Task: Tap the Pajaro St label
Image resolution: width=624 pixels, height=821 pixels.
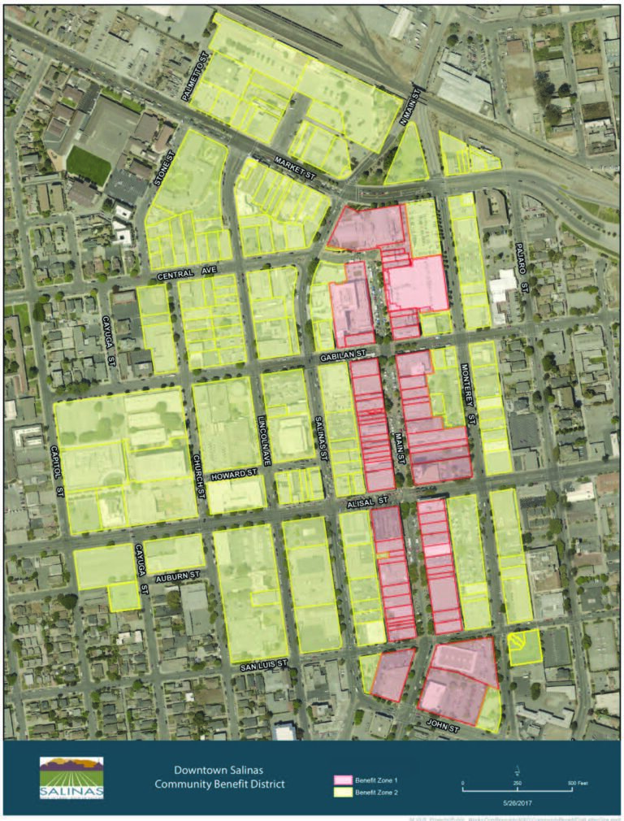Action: [525, 277]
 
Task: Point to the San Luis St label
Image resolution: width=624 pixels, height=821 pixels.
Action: [265, 666]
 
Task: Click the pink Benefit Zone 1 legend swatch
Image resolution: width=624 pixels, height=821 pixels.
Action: [342, 780]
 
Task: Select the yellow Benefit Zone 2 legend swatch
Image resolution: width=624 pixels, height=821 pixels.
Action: [342, 791]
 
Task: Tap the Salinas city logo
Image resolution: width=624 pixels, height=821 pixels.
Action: [71, 778]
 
